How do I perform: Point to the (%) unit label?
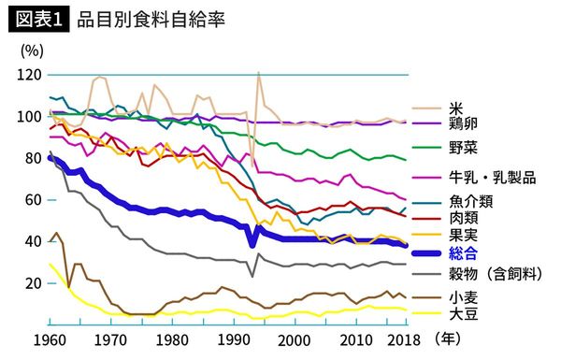[29, 50]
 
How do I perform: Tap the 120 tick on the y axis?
[29, 75]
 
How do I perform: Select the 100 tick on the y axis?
[29, 117]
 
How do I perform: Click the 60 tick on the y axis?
[32, 200]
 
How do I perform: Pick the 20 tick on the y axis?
[32, 282]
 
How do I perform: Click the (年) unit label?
[439, 339]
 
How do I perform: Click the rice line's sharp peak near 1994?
[258, 73]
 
